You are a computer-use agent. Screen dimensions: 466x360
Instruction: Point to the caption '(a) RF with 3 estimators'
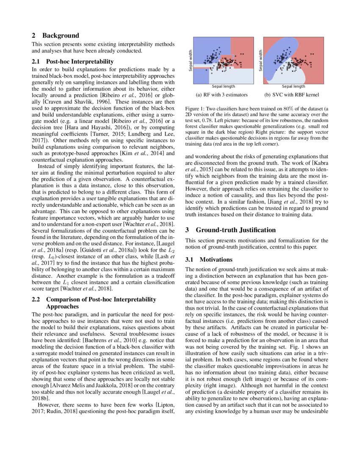pyautogui.click(x=222, y=95)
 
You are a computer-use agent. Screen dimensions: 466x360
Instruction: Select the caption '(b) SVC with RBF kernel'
pyautogui.click(x=291, y=95)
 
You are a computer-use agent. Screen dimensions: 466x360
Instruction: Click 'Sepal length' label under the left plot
pyautogui.click(x=223, y=86)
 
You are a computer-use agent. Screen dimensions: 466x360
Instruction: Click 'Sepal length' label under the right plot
pyautogui.click(x=294, y=86)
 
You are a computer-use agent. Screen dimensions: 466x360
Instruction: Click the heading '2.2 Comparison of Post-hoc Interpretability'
pyautogui.click(x=94, y=300)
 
